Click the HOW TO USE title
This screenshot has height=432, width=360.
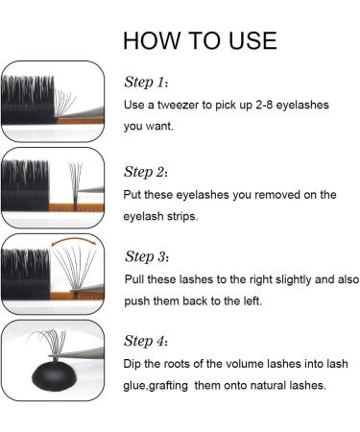click(200, 40)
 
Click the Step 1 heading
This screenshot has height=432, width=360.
click(146, 82)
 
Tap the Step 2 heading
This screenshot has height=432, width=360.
click(146, 172)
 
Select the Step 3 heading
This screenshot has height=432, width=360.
click(147, 256)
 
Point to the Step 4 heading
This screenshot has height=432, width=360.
click(146, 341)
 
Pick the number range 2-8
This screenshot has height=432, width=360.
click(264, 105)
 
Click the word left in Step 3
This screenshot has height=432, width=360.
click(252, 300)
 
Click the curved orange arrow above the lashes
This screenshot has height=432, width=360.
click(73, 239)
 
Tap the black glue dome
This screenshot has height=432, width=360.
click(55, 375)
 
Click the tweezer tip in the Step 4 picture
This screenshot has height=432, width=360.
click(51, 355)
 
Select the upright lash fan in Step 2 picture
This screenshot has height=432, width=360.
click(76, 185)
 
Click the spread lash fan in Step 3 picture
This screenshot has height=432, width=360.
click(75, 272)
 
